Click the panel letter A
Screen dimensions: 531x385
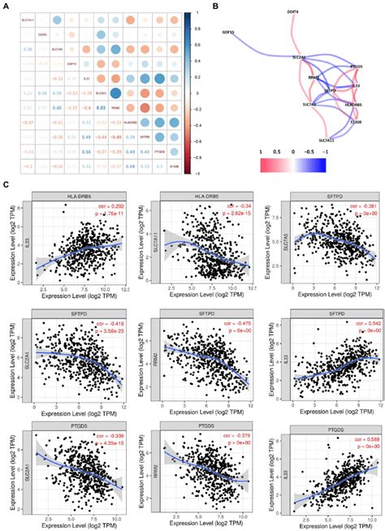(6, 6)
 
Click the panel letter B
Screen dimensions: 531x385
(214, 6)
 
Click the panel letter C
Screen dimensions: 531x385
(6, 186)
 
